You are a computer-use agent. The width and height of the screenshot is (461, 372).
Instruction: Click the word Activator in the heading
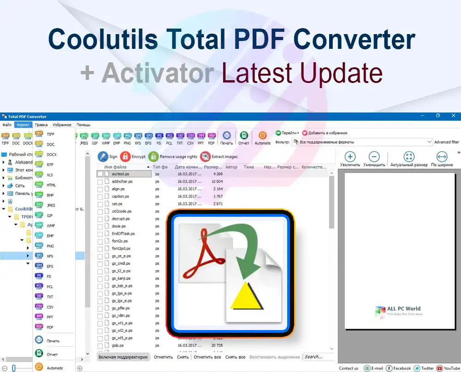pos(158,73)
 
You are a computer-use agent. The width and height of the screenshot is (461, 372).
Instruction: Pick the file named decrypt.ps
pos(121,218)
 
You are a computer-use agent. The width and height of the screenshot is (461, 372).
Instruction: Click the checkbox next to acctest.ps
pos(100,174)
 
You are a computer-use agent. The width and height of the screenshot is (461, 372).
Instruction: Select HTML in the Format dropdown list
pos(51,185)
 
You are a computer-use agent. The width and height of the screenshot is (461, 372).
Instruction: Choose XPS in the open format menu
pos(50,256)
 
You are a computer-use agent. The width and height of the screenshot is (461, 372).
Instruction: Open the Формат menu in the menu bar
pos(23,125)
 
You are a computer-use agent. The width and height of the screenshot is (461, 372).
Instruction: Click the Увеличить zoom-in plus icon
pos(350,157)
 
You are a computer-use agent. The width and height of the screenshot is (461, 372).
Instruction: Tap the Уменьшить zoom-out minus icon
pos(374,157)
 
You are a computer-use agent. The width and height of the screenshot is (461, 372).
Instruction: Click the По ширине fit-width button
pos(441,157)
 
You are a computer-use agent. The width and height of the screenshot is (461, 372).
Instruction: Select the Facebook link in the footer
pos(399,368)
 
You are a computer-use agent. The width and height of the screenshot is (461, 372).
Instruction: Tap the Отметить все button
pos(207,357)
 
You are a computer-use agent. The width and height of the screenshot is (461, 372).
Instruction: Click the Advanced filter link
pos(446,142)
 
